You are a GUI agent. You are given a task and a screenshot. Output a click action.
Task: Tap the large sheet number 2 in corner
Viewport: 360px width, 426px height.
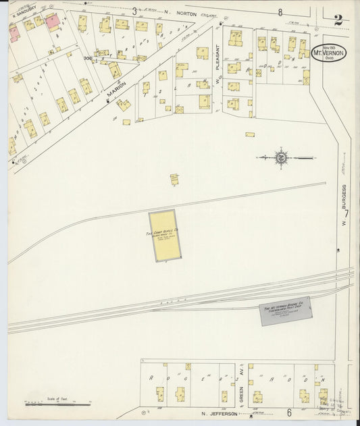[338, 20]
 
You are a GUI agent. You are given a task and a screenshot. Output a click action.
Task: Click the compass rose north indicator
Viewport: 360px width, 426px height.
[281, 158]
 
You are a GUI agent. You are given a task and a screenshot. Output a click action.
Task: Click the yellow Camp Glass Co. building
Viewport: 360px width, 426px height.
[165, 236]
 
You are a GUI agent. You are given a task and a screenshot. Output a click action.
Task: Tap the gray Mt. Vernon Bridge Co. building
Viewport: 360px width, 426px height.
[286, 311]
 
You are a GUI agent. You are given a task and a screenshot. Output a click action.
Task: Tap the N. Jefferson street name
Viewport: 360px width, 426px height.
[220, 413]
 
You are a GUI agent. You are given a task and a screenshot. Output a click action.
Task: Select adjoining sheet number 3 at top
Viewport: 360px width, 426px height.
[134, 11]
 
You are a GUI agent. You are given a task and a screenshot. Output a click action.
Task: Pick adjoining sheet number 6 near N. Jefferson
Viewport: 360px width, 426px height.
[288, 412]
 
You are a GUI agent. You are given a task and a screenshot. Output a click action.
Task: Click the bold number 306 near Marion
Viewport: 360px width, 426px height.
[88, 59]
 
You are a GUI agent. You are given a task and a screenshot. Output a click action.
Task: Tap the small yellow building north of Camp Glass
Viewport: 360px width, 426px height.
[174, 179]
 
